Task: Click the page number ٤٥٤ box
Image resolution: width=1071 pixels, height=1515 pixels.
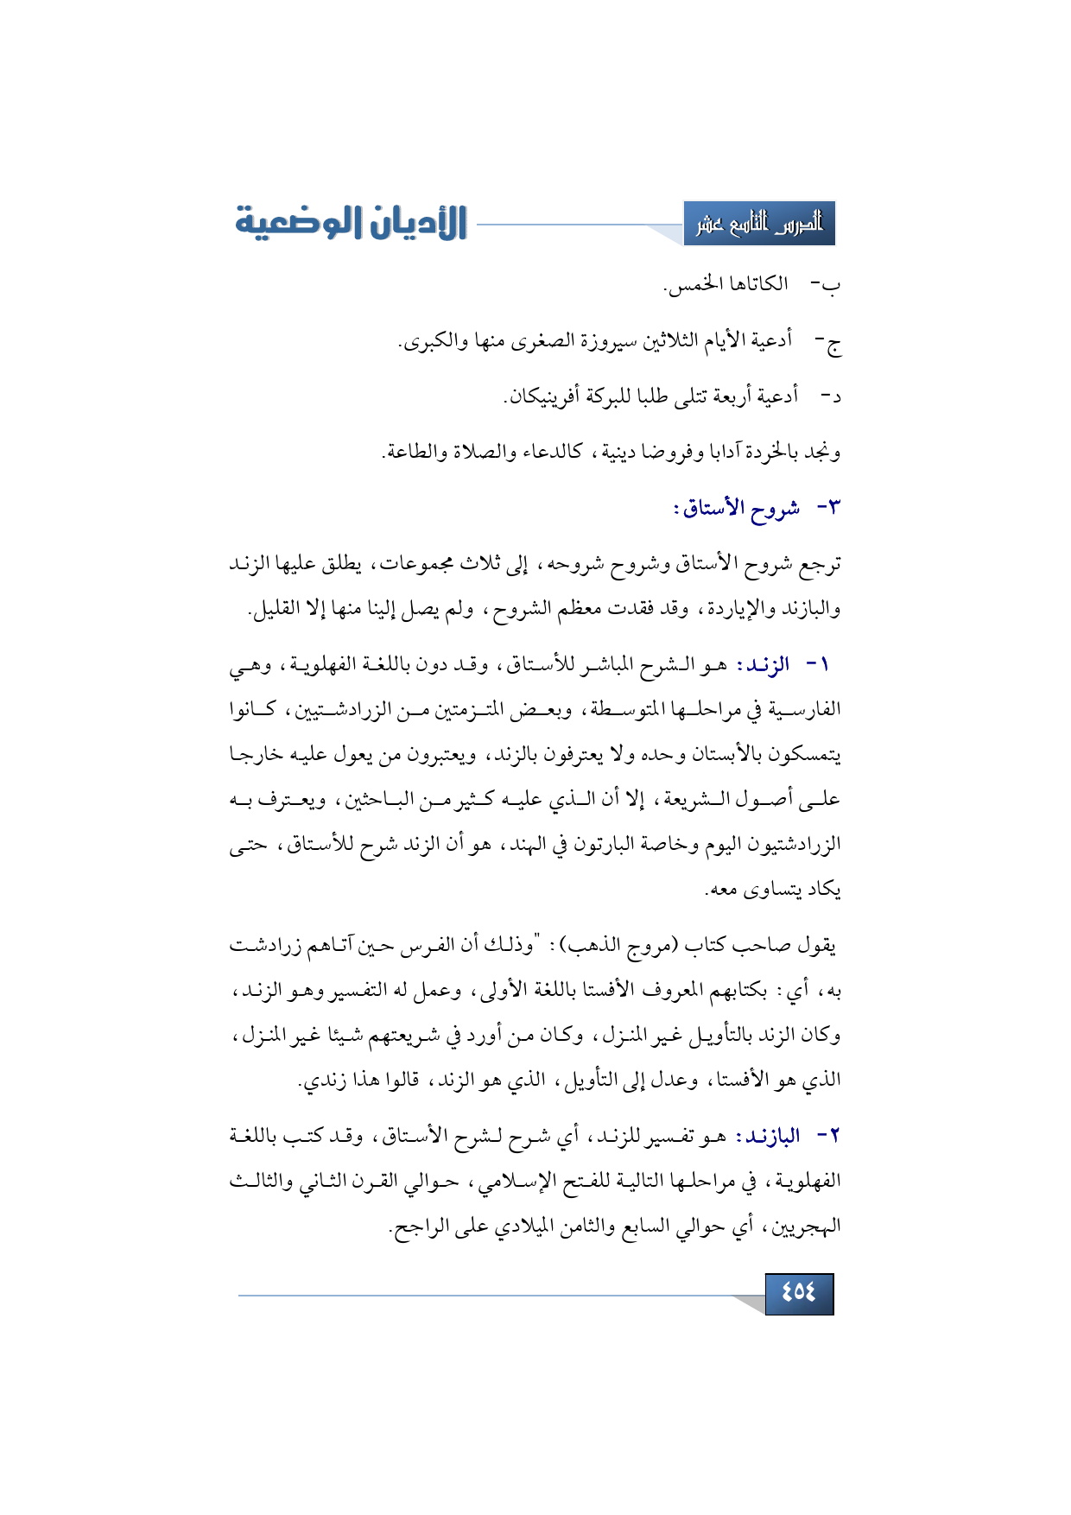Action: pyautogui.click(x=799, y=1293)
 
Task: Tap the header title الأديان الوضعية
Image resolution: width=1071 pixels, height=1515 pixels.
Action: pyautogui.click(x=352, y=223)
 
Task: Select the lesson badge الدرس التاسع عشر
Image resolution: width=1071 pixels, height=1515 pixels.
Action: pyautogui.click(x=759, y=224)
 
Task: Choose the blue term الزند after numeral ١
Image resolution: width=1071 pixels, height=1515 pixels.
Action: pyautogui.click(x=765, y=665)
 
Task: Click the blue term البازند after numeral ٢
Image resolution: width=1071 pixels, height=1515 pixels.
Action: pyautogui.click(x=770, y=1137)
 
